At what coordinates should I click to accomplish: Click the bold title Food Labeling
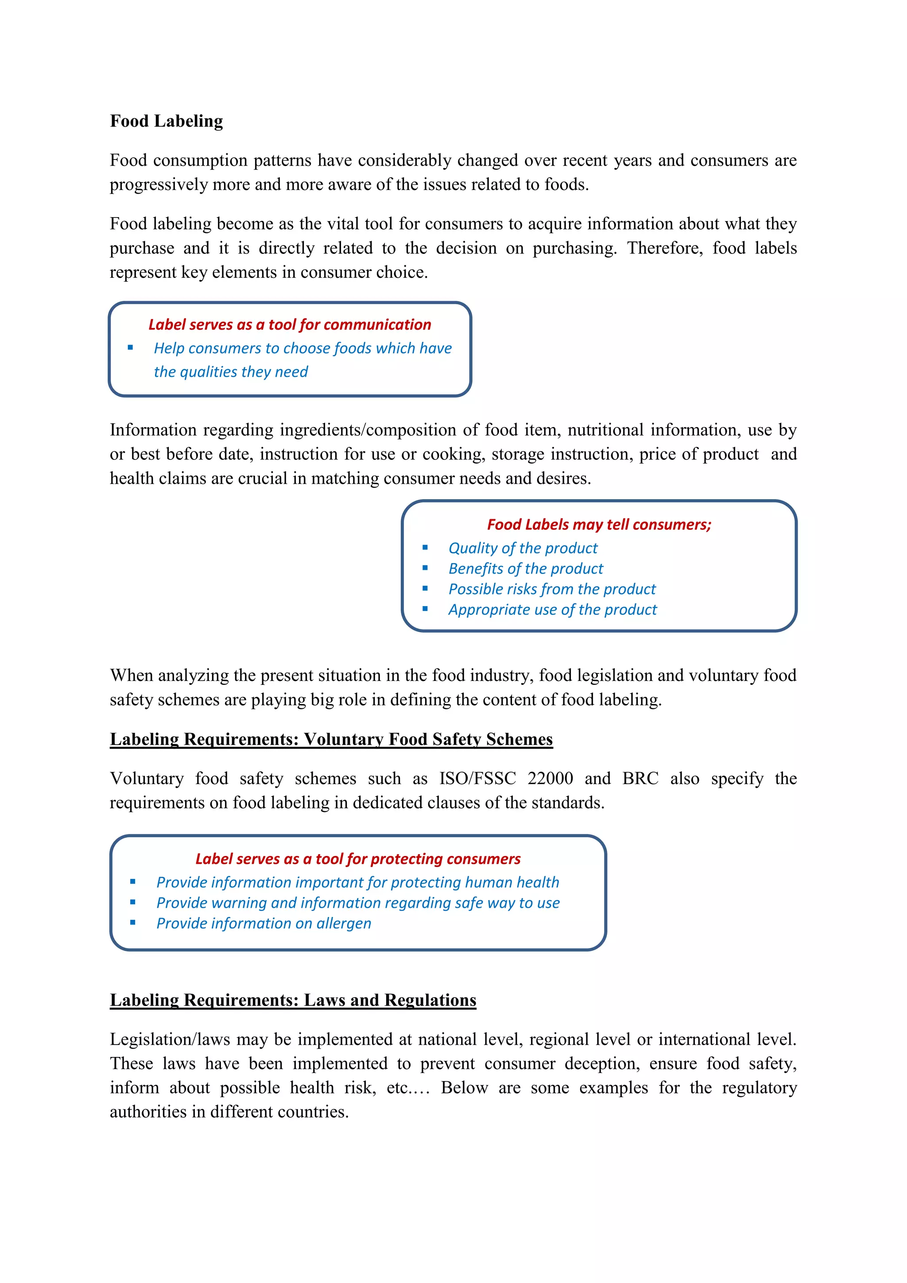click(166, 121)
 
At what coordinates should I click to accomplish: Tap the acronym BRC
click(640, 778)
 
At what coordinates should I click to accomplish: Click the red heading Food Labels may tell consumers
click(599, 525)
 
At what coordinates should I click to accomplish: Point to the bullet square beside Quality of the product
click(425, 548)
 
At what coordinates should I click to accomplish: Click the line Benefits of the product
click(526, 569)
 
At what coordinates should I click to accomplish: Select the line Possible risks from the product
click(552, 590)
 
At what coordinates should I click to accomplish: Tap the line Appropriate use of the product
click(552, 610)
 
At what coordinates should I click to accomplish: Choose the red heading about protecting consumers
click(357, 859)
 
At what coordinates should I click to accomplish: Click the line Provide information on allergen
click(264, 924)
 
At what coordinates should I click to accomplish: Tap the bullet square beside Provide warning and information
click(132, 902)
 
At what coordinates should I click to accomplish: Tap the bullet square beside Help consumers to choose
click(130, 348)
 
